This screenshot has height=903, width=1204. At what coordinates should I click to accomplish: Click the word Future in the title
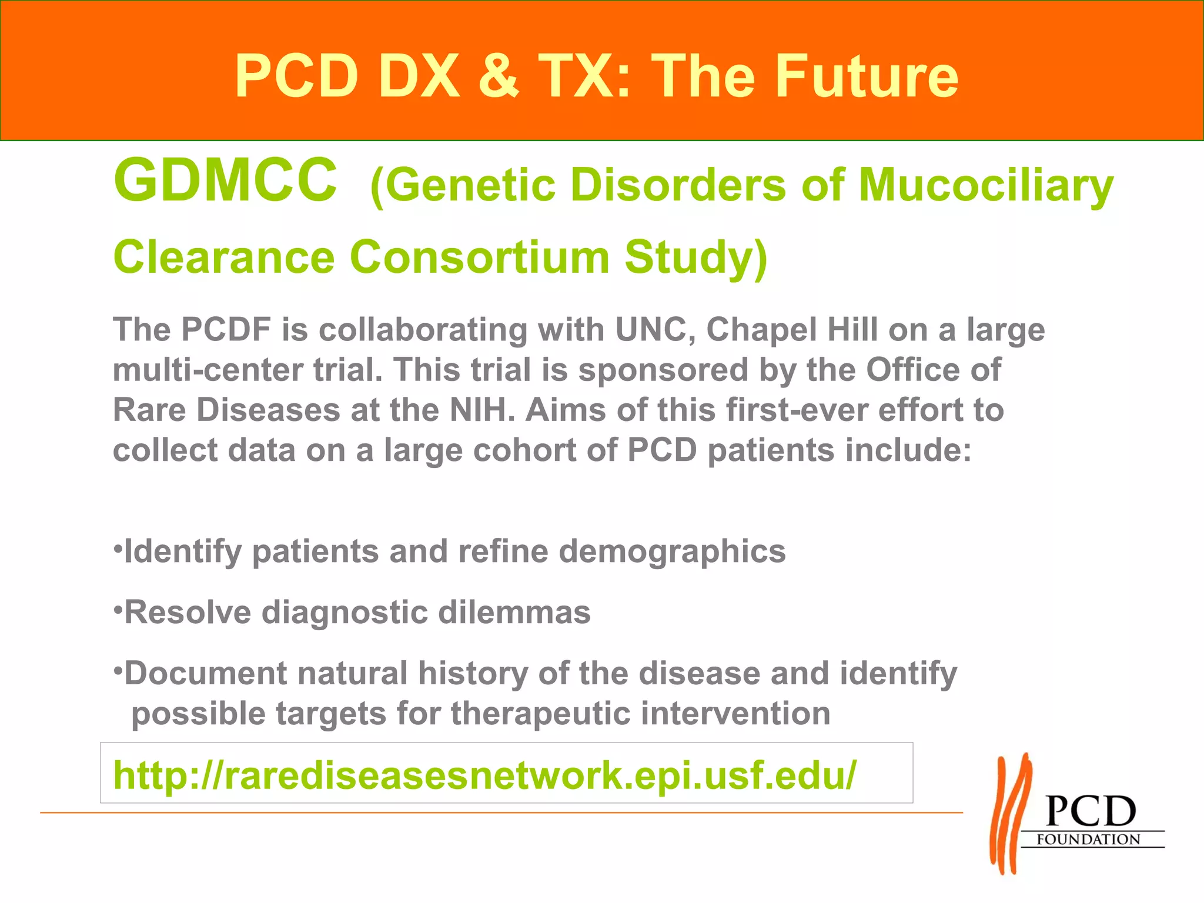point(867,76)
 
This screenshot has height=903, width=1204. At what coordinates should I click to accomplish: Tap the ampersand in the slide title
point(499,76)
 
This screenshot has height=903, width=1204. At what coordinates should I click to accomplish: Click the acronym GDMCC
point(225,180)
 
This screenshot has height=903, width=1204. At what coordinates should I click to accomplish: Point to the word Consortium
point(480,257)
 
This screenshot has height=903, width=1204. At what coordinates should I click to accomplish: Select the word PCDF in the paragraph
point(226,329)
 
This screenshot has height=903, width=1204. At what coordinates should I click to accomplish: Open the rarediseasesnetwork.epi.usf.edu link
point(484,775)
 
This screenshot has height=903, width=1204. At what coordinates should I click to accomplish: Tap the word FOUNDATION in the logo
point(1088,840)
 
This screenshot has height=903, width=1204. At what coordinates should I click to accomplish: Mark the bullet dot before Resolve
point(118,606)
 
